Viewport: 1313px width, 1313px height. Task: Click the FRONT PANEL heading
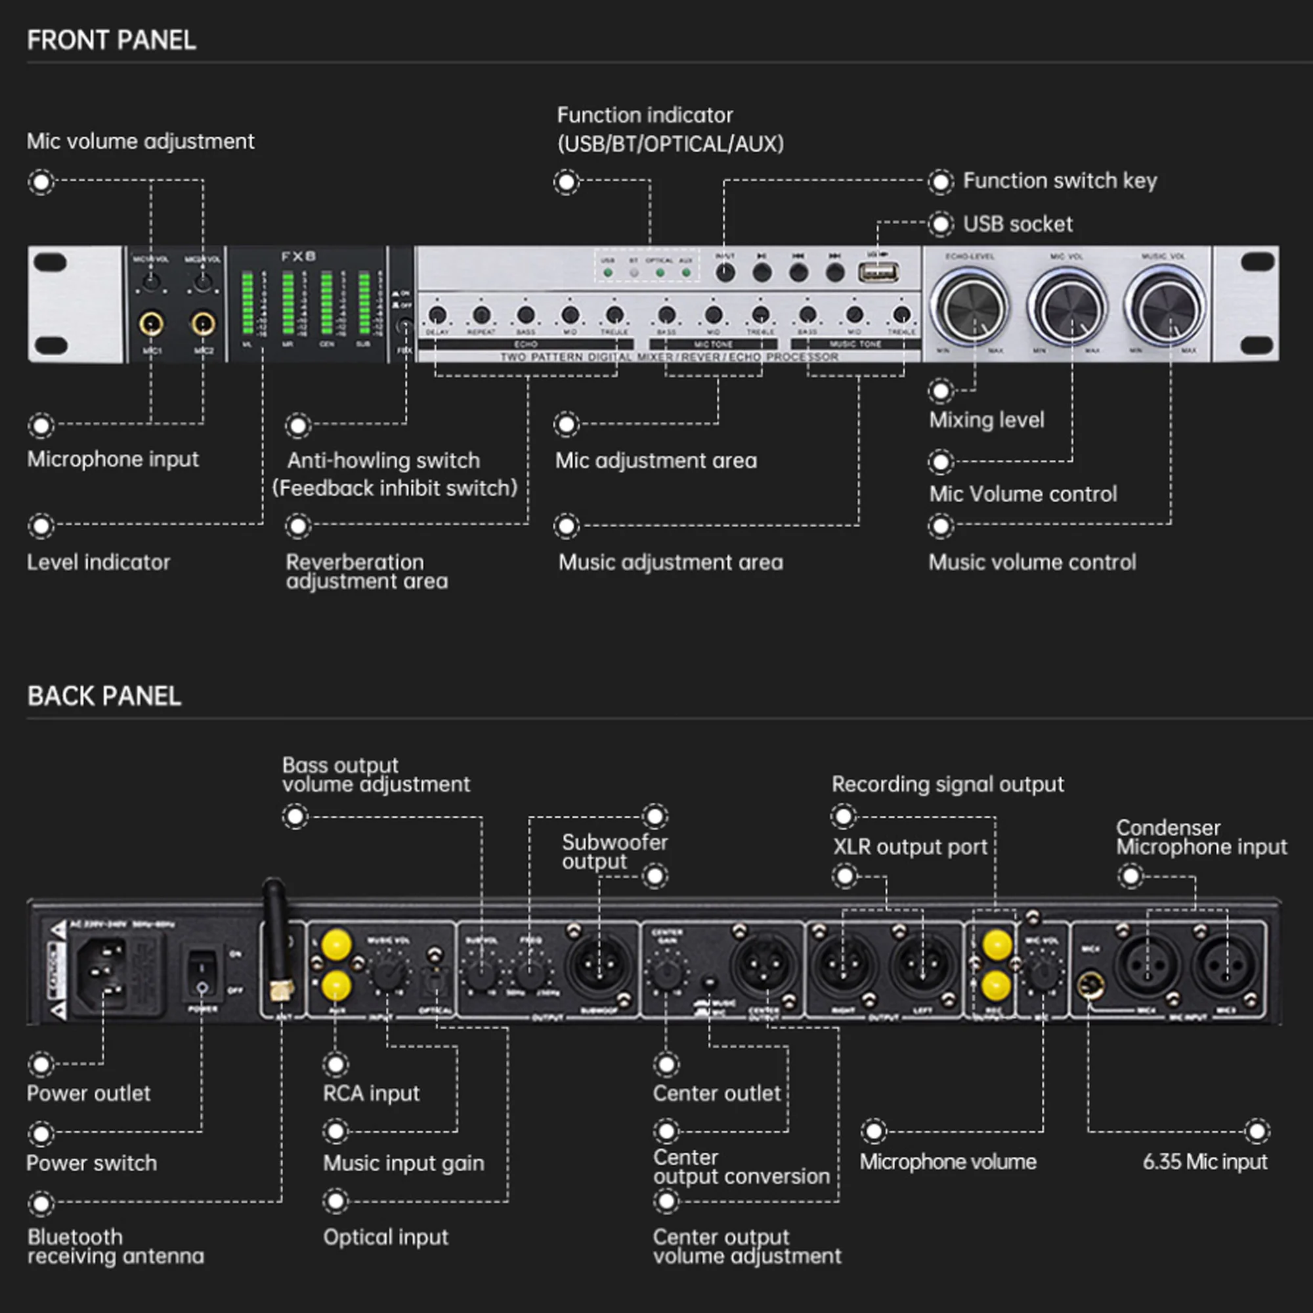[112, 40]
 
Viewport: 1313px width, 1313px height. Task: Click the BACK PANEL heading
[104, 696]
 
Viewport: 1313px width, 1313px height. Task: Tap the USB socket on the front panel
[877, 272]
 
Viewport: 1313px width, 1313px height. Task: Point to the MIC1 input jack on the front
[151, 324]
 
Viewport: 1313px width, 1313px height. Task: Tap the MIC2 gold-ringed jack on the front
[204, 324]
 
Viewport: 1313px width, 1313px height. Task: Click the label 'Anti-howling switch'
[383, 461]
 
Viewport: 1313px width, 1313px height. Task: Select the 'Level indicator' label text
[98, 562]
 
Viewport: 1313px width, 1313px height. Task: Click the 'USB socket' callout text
[1018, 225]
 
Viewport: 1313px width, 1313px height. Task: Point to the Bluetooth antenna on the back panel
[276, 938]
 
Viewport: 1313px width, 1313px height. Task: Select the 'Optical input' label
[385, 1237]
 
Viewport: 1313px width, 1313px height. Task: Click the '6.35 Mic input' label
[1204, 1161]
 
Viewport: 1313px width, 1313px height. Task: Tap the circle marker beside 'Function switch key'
[941, 181]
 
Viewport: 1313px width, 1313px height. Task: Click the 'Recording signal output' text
[947, 785]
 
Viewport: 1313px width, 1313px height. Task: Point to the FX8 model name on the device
[298, 256]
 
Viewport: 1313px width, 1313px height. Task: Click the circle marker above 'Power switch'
[41, 1133]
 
